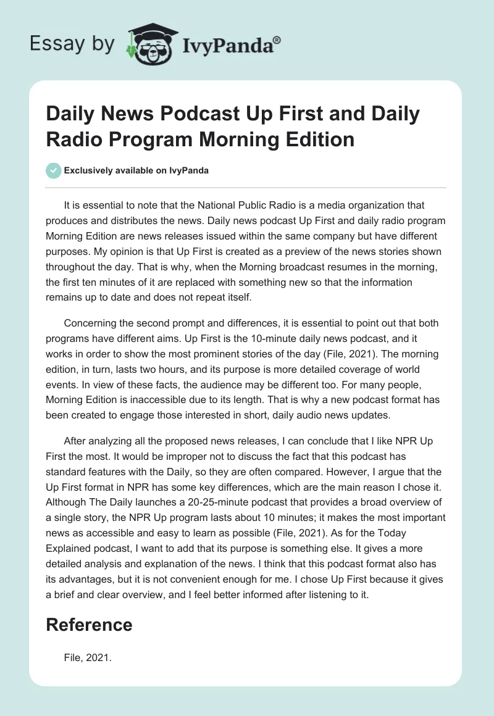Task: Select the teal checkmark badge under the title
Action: pyautogui.click(x=54, y=170)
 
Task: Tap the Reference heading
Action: pyautogui.click(x=89, y=625)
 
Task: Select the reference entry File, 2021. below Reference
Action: pyautogui.click(x=87, y=659)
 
